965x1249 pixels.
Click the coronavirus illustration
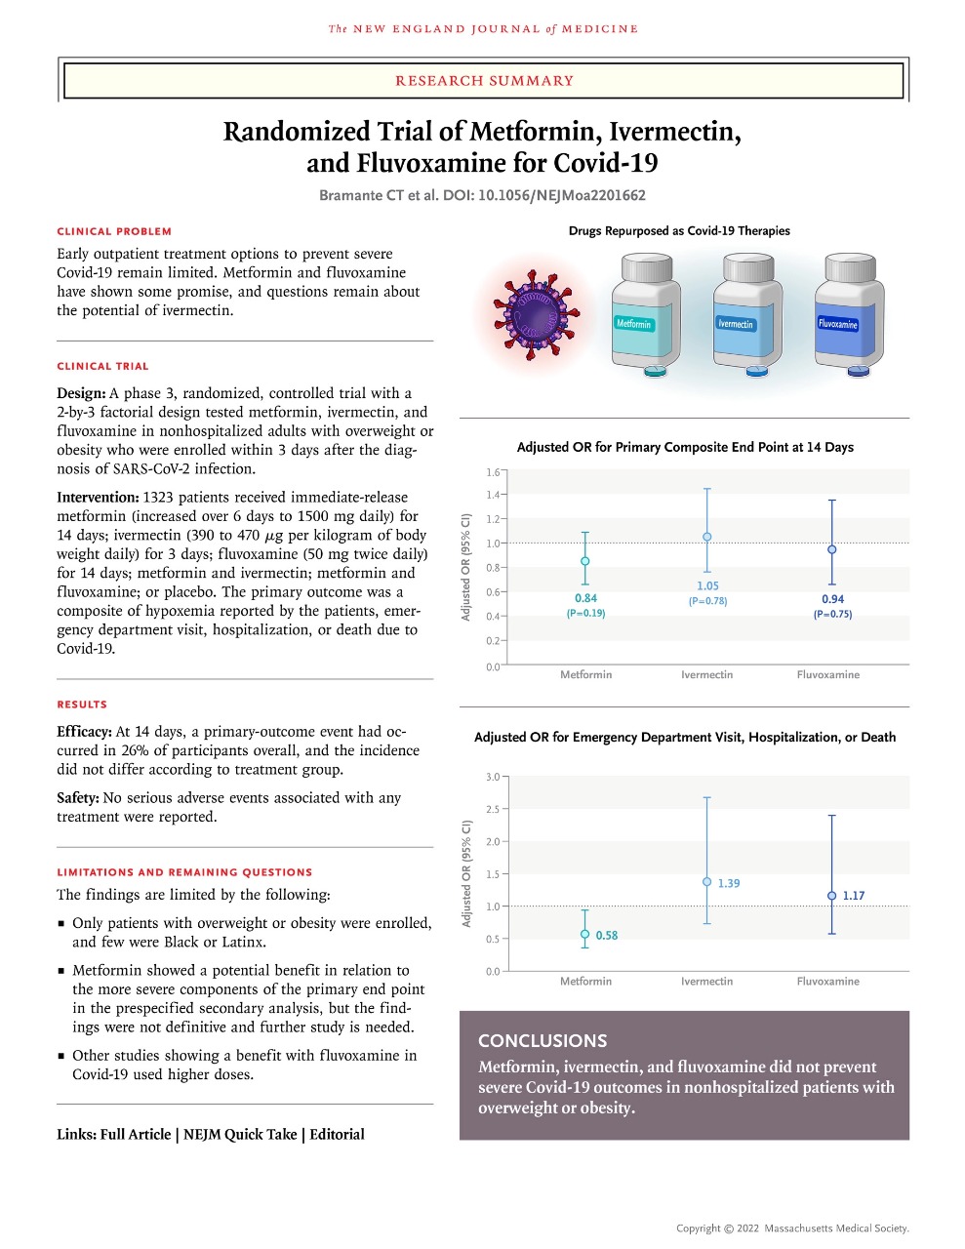pos(532,312)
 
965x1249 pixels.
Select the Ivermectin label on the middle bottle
pos(736,323)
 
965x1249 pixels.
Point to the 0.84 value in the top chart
pos(585,598)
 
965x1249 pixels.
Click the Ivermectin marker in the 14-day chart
pos(707,537)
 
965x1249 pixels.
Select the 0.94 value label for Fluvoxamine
pos(832,599)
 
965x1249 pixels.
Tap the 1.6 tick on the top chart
pos(493,472)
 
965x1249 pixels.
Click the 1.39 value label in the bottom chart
pos(729,883)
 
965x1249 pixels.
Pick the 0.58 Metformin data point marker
pos(585,935)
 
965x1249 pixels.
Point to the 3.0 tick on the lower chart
pos(493,777)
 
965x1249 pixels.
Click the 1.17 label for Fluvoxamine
pos(854,896)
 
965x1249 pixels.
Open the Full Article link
pos(136,1134)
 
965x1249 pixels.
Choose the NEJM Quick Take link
pos(240,1134)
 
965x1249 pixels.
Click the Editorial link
pos(337,1134)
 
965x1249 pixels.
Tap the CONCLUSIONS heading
pos(543,1040)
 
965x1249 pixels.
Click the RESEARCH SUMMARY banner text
pos(484,81)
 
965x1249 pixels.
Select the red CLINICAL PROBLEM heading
pos(114,231)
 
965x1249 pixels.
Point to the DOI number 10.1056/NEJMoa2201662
pos(561,195)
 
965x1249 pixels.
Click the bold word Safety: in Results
pos(77,797)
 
